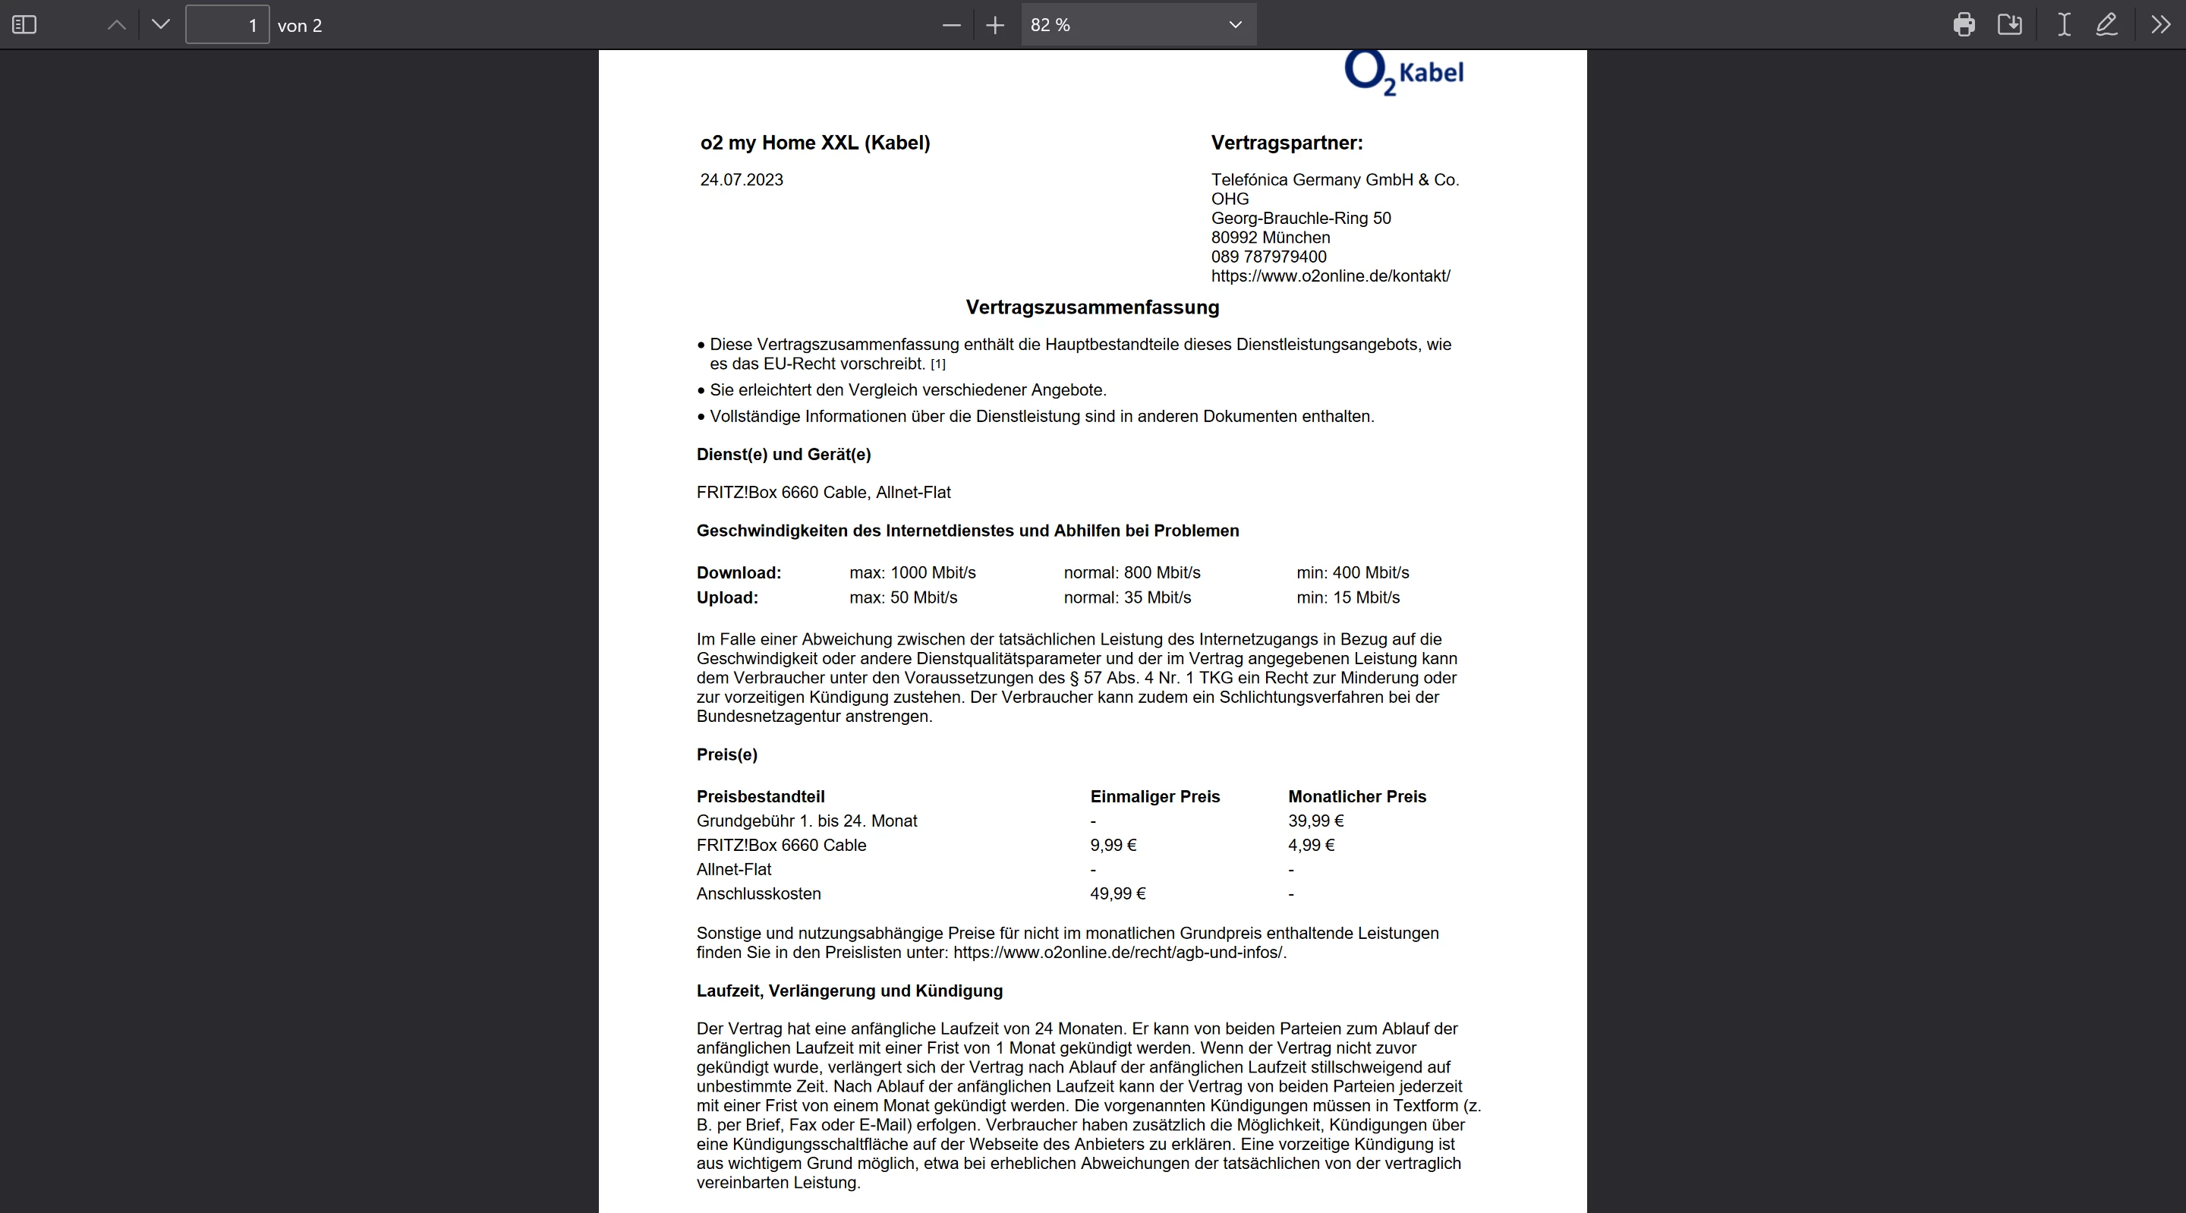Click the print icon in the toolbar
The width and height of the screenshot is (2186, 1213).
[x=1964, y=24]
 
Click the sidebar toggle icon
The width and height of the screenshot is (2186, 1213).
[x=24, y=24]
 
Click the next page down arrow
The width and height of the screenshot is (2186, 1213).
[x=160, y=24]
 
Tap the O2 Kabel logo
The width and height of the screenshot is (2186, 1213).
[x=1404, y=73]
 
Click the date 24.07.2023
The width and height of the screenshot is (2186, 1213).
[x=741, y=180]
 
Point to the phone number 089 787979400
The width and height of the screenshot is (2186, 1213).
[x=1268, y=257]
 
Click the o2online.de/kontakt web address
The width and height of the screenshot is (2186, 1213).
[x=1330, y=276]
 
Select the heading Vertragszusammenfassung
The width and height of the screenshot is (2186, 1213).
[x=1092, y=307]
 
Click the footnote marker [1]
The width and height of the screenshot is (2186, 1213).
[x=937, y=364]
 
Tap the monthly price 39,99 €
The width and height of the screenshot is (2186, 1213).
[x=1315, y=821]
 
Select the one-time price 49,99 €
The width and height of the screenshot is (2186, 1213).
[x=1117, y=894]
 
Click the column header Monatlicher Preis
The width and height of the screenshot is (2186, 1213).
[x=1356, y=796]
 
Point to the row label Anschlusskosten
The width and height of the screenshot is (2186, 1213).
[x=758, y=894]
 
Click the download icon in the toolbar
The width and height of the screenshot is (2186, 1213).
[x=2009, y=24]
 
